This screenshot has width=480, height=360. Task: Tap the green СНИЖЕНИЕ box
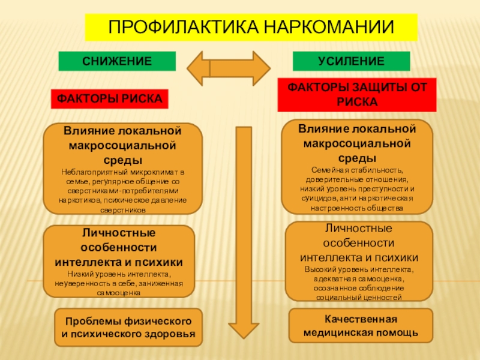click(116, 61)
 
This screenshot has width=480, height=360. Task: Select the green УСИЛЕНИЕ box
click(351, 61)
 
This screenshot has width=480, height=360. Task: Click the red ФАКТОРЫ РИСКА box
click(109, 98)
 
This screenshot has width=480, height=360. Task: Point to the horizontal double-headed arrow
click(229, 68)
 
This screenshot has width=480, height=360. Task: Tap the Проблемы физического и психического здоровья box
click(128, 327)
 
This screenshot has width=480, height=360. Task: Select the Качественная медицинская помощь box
click(361, 325)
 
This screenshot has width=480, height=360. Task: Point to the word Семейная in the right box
click(329, 170)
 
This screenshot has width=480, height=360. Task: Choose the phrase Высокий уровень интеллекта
click(359, 269)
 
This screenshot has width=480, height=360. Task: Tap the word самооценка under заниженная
click(119, 293)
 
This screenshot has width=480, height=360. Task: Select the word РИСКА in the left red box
click(143, 98)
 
